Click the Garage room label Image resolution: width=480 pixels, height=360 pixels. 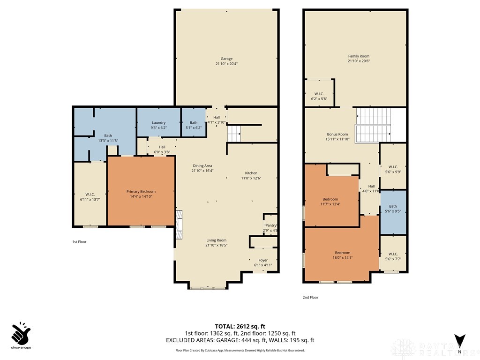pyautogui.click(x=226, y=59)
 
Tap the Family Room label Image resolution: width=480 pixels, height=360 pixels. pyautogui.click(x=359, y=56)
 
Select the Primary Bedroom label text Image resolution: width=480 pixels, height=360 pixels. pyautogui.click(x=141, y=192)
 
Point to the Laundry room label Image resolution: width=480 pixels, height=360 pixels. pyautogui.click(x=158, y=123)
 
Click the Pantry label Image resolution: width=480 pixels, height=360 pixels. pyautogui.click(x=270, y=225)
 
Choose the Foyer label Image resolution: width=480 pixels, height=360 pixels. pyautogui.click(x=263, y=260)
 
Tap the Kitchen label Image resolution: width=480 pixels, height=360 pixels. pyautogui.click(x=251, y=173)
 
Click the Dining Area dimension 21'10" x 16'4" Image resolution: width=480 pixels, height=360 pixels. pyautogui.click(x=202, y=171)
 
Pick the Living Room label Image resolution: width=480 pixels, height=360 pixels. pyautogui.click(x=216, y=240)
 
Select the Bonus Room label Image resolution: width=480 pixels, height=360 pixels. pyautogui.click(x=337, y=135)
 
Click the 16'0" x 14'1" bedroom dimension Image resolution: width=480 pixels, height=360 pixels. pyautogui.click(x=343, y=258)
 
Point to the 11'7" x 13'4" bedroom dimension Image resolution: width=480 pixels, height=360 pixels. pyautogui.click(x=330, y=204)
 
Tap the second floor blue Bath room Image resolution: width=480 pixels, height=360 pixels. pyautogui.click(x=393, y=212)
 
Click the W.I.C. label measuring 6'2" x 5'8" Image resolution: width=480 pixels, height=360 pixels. pyautogui.click(x=319, y=94)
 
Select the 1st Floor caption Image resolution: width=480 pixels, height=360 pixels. pyautogui.click(x=79, y=242)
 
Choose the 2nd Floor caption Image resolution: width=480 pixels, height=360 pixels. pyautogui.click(x=310, y=297)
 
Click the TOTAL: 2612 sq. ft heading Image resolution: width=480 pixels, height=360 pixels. pyautogui.click(x=240, y=326)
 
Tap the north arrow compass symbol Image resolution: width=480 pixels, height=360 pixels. pyautogui.click(x=459, y=340)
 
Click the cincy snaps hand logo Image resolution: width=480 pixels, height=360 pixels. pyautogui.click(x=21, y=333)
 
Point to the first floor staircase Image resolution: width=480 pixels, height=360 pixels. pyautogui.click(x=234, y=134)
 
